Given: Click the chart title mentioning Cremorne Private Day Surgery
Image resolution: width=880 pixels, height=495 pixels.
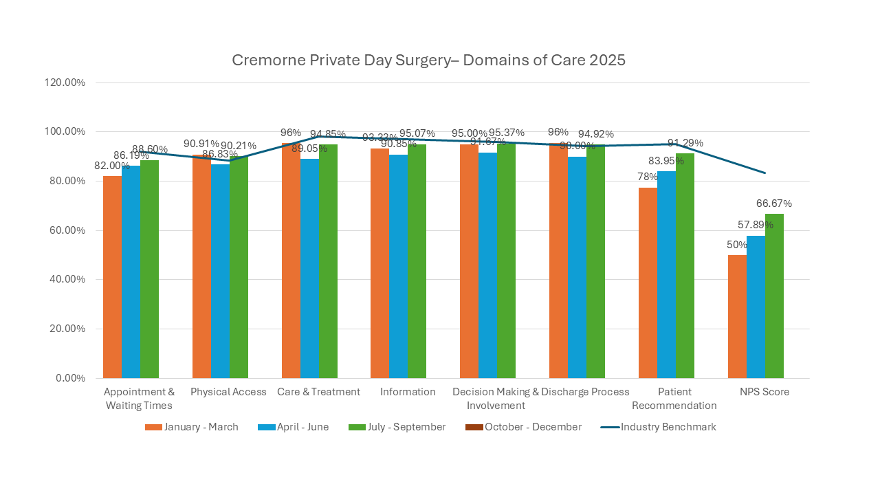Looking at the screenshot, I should [x=428, y=60].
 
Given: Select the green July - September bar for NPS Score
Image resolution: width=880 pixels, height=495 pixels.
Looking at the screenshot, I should [x=774, y=296].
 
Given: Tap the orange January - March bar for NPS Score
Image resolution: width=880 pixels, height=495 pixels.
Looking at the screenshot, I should [x=737, y=316].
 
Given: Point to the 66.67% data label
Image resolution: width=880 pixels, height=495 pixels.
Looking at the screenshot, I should [x=774, y=203].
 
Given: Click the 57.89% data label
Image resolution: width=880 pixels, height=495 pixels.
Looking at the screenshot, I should [x=755, y=225].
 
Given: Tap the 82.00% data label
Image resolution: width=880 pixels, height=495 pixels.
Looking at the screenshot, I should [x=111, y=166].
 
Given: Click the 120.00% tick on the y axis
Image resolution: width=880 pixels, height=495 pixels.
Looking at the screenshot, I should [x=65, y=82].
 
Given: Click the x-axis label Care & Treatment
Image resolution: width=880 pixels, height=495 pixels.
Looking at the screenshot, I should [x=318, y=392].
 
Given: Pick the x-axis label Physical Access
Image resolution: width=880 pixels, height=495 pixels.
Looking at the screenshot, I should [x=228, y=392].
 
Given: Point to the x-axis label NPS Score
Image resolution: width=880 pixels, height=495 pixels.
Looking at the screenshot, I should [x=764, y=392].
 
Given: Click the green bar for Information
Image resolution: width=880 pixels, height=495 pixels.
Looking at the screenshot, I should [x=417, y=261].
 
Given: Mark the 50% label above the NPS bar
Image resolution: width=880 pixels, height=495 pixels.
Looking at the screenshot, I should [x=737, y=245].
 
